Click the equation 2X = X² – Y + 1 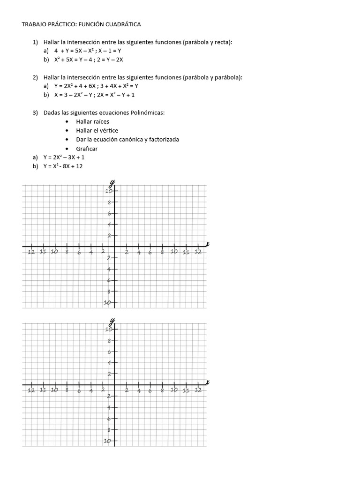coord(116,95)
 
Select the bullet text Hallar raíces coord(93,122)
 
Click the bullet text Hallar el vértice coord(97,131)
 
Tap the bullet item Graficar coord(87,149)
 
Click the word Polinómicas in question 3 coord(149,113)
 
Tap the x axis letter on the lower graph coord(207,382)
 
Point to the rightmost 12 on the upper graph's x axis coord(198,252)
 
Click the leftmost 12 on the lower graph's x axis coord(31,390)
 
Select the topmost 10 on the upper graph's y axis coord(109,191)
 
